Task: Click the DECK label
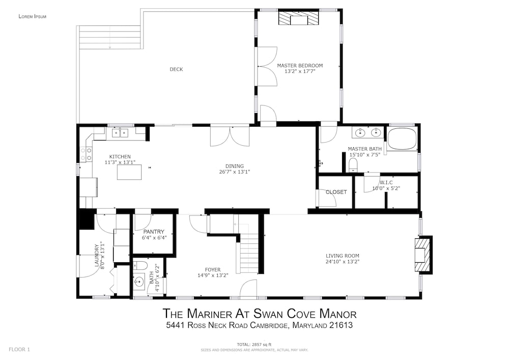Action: pyautogui.click(x=176, y=69)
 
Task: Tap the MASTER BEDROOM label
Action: pyautogui.click(x=300, y=66)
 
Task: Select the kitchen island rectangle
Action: pyautogui.click(x=129, y=172)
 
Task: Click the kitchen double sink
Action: pyautogui.click(x=120, y=133)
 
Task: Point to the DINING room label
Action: pyautogui.click(x=235, y=166)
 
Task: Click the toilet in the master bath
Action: pyautogui.click(x=353, y=165)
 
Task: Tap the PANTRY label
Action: pyautogui.click(x=154, y=232)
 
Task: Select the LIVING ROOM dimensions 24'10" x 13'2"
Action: pyautogui.click(x=343, y=262)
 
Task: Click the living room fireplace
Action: pyautogui.click(x=423, y=255)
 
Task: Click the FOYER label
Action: pyautogui.click(x=213, y=269)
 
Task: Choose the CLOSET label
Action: pyautogui.click(x=336, y=192)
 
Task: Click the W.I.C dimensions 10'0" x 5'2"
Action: pyautogui.click(x=386, y=188)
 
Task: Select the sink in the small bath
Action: pyautogui.click(x=139, y=280)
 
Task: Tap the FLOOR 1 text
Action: pyautogui.click(x=19, y=350)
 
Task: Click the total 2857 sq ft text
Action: pyautogui.click(x=254, y=344)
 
